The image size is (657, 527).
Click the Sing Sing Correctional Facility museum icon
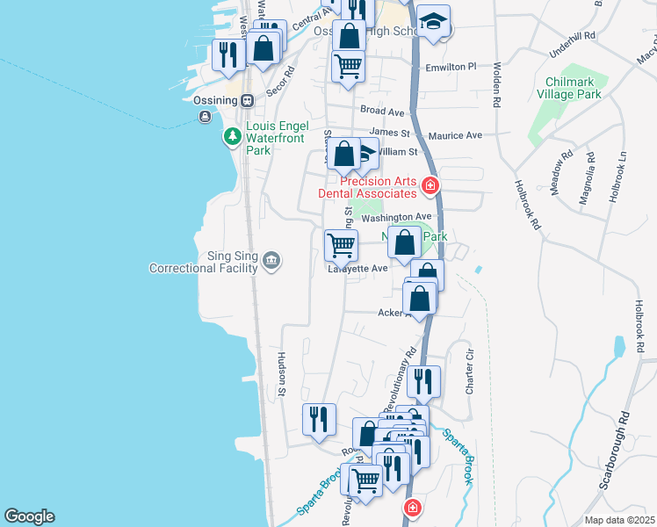pos(271,259)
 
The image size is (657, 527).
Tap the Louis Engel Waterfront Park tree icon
pos(232,136)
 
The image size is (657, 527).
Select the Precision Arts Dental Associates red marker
pos(430,184)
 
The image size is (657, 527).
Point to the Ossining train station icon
pos(248,99)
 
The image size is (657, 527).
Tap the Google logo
pos(29,516)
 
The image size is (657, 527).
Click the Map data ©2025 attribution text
pos(620,520)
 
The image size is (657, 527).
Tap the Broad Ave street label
pos(382,112)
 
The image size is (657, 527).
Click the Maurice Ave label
pos(456,135)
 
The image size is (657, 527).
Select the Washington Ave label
pos(396,217)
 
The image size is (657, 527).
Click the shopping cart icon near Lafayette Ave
pos(341,244)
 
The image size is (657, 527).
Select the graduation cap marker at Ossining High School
pos(433,21)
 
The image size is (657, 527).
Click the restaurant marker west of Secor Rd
pos(227,54)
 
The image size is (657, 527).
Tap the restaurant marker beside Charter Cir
pos(423,380)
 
